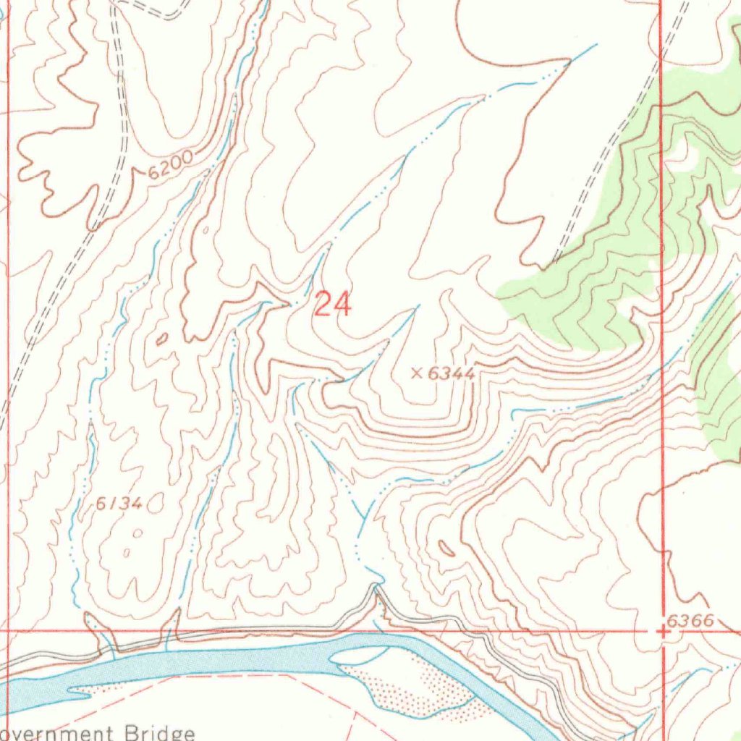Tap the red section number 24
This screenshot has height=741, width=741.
click(333, 305)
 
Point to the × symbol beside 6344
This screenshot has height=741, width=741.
click(417, 373)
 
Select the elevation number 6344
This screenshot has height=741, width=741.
click(451, 373)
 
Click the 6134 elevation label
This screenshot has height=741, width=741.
click(119, 504)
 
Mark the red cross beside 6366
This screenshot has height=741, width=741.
click(663, 631)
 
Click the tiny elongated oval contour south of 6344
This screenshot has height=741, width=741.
click(446, 549)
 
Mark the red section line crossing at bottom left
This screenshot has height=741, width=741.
click(9, 630)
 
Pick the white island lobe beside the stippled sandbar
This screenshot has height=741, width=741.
click(358, 655)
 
